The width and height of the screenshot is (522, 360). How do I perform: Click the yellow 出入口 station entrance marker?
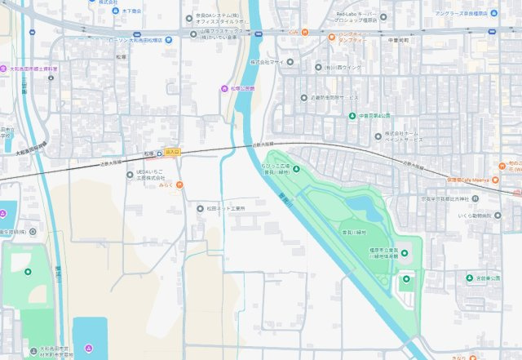(x=171, y=152)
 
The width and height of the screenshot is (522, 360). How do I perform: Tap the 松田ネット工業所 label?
(x=226, y=208)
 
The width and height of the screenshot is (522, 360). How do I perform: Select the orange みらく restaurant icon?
(x=179, y=184)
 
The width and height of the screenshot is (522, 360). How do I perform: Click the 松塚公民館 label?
(x=243, y=87)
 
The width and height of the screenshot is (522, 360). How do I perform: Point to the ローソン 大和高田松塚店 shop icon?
(x=168, y=39)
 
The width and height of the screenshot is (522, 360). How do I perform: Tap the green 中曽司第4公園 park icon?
(x=352, y=116)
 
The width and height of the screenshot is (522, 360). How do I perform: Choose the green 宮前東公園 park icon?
(x=470, y=278)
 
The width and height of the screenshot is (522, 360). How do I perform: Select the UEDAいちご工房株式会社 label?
(x=150, y=174)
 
